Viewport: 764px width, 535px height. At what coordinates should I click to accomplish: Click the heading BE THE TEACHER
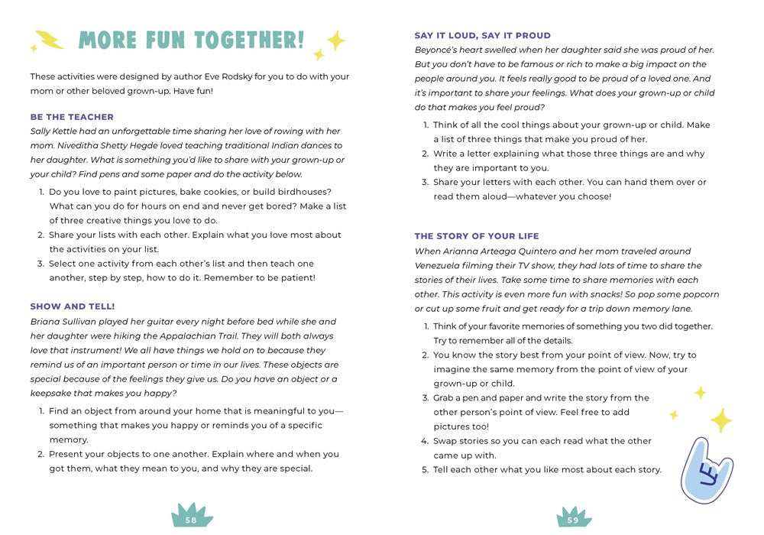tap(72, 117)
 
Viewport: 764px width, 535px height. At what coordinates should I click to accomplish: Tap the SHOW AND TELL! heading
tap(73, 306)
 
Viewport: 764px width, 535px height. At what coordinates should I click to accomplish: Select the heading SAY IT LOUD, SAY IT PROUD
tap(482, 35)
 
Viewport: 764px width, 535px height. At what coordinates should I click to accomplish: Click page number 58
tap(191, 520)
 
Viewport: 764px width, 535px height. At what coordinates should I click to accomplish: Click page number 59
tap(573, 520)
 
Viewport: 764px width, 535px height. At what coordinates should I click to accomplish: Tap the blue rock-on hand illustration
tap(706, 470)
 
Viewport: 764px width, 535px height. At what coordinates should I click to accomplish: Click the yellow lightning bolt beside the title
tap(50, 41)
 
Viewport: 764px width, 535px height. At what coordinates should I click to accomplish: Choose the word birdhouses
tap(293, 191)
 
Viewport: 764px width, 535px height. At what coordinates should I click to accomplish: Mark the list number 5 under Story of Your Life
tap(426, 469)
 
